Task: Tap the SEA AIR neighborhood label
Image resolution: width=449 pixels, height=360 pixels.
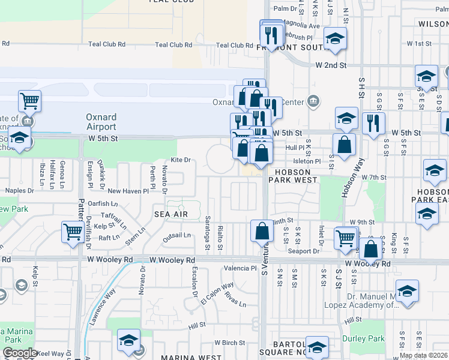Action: (171, 214)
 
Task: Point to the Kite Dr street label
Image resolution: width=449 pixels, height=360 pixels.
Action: (180, 160)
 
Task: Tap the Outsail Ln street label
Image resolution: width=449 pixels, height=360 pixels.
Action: (176, 235)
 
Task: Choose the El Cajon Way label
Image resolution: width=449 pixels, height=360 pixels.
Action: (217, 293)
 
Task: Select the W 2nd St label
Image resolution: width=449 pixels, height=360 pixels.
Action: (332, 64)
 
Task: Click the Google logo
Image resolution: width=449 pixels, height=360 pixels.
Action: (20, 353)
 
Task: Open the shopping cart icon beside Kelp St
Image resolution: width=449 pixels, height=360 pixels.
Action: (73, 230)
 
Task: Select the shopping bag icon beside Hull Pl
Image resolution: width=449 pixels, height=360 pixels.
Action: (345, 145)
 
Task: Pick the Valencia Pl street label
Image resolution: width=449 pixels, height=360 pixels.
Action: (240, 268)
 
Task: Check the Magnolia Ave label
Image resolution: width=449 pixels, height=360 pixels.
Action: (303, 26)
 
